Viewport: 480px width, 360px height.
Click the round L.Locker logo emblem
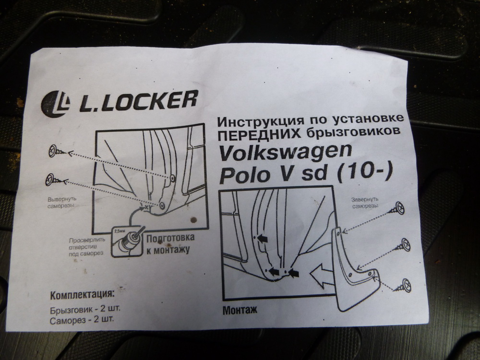point(55,104)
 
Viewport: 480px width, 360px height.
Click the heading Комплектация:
point(82,295)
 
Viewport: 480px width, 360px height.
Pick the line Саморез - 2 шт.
point(82,320)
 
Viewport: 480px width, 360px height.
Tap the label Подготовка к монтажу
point(170,244)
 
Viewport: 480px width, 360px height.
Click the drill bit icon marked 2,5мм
point(127,241)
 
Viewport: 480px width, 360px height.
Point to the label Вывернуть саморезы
point(61,203)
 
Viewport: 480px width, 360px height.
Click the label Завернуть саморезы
point(365,203)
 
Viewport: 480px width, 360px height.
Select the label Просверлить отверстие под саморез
point(86,247)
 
